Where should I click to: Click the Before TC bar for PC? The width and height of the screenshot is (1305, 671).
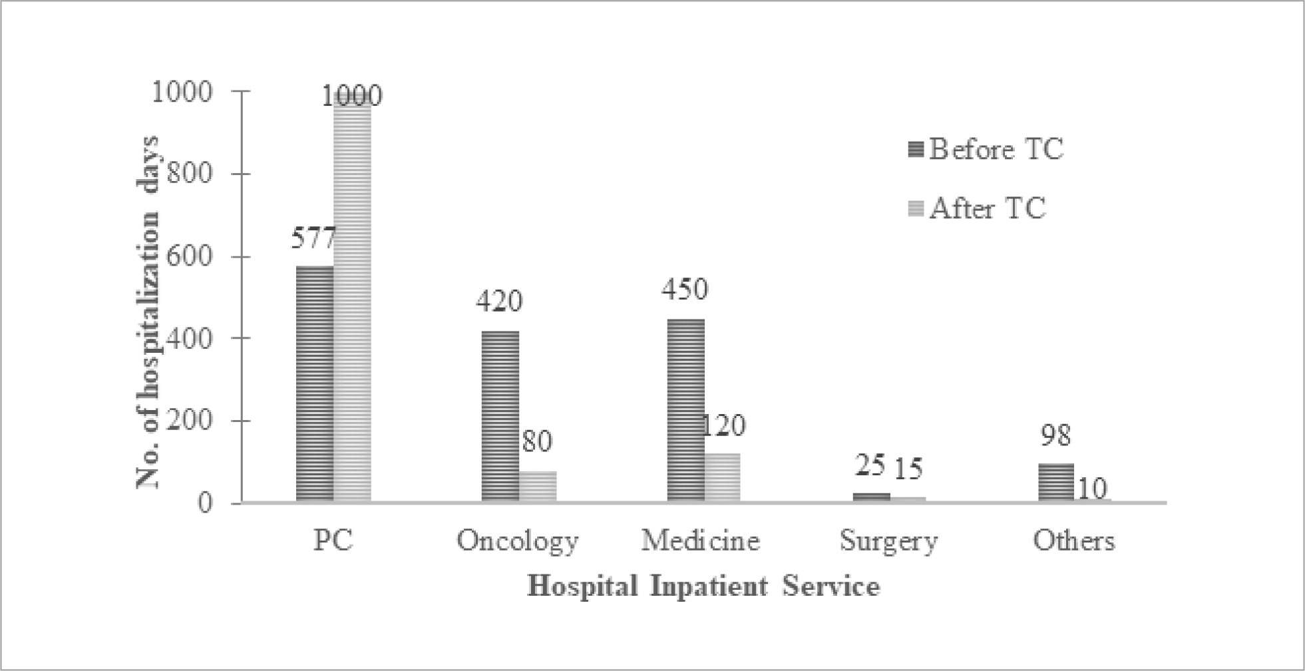coord(315,384)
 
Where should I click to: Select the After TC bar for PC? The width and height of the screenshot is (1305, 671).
coord(352,300)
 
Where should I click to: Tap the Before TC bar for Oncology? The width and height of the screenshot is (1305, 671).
coord(500,417)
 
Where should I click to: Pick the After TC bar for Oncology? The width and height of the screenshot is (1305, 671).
coord(538,487)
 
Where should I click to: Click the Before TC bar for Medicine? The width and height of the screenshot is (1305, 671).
coord(685,411)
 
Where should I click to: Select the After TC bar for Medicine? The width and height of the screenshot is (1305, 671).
coord(723,478)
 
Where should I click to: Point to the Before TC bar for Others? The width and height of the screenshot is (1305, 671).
coord(1056,483)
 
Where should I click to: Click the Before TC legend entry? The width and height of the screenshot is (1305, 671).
coord(984,149)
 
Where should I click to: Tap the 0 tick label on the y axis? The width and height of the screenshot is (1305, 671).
coord(205,503)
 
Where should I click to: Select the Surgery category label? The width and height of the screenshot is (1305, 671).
coord(888,541)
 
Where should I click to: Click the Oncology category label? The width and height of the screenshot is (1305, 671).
coord(518,541)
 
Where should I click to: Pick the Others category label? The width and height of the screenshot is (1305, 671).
coord(1073,541)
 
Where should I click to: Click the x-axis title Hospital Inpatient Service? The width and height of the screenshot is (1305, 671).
coord(703,587)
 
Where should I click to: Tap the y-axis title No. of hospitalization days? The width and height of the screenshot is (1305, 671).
coord(148,312)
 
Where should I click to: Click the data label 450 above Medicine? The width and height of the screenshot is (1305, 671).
coord(685,290)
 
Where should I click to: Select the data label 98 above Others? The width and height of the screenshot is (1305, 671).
coord(1056,435)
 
